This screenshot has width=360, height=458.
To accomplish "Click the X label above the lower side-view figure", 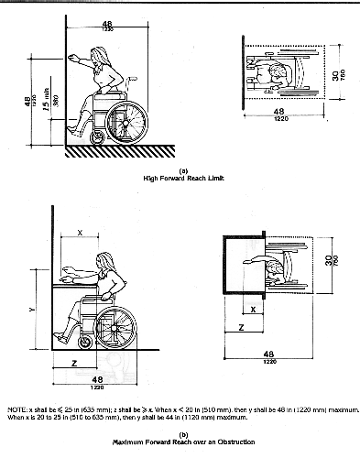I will [x=80, y=234].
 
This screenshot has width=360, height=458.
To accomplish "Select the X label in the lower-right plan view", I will [x=253, y=309].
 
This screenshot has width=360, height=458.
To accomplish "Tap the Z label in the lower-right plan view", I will [x=240, y=325].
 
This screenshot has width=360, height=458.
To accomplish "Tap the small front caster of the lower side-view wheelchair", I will [x=85, y=343].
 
